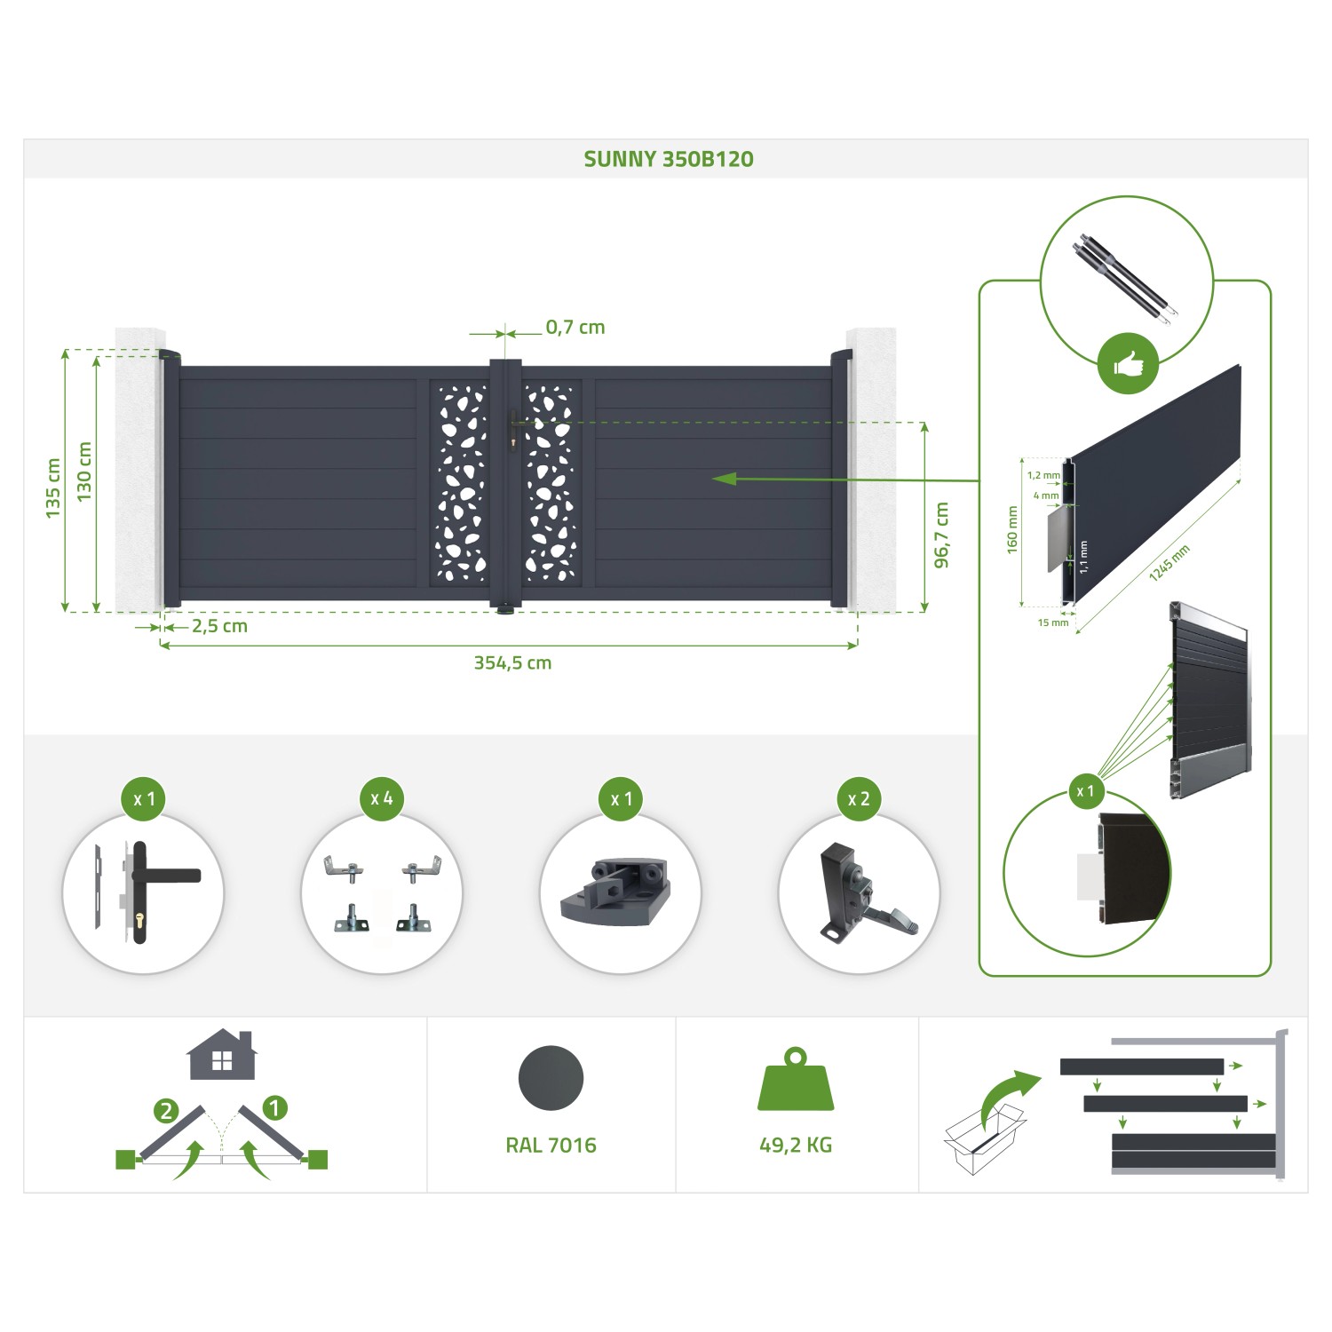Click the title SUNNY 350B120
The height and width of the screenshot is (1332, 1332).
coord(668,159)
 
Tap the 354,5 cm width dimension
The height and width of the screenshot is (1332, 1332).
coord(512,662)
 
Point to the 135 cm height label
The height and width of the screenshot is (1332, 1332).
coord(53,488)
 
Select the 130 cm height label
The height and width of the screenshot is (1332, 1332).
coord(84,472)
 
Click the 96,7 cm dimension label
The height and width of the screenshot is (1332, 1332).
coord(942,535)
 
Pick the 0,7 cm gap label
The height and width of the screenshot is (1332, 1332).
coord(575,327)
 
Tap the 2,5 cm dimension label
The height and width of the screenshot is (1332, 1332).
coord(219,626)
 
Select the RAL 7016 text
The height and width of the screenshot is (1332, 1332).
coord(551,1146)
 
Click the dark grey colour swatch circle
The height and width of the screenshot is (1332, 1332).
coord(551,1078)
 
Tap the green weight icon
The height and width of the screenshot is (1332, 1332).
coord(795,1082)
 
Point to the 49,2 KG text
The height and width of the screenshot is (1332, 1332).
coord(796,1146)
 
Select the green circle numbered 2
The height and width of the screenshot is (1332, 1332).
coord(166,1111)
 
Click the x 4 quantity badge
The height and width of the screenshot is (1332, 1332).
coord(382,798)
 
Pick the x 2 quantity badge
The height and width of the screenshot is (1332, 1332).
coord(859,798)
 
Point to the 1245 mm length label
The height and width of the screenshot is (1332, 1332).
coord(1169,563)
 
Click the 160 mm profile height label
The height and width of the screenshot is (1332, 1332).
coord(1012,530)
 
